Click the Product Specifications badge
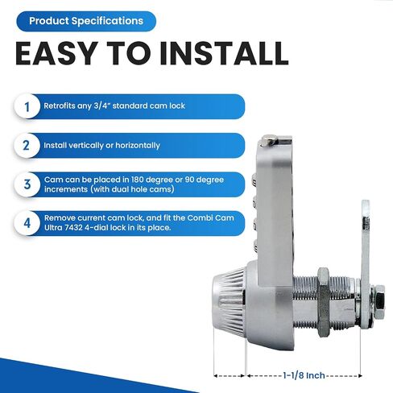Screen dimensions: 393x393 tap(86, 21)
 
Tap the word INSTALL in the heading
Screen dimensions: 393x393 tap(224, 53)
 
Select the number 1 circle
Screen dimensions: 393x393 tap(27, 106)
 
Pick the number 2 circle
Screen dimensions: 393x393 tap(27, 146)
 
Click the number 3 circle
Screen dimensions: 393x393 tap(27, 184)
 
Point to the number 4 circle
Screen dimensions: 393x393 tap(27, 223)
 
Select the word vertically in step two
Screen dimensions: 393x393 tap(86, 146)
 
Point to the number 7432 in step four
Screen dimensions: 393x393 tap(73, 228)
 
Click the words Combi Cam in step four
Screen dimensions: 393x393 tap(210, 217)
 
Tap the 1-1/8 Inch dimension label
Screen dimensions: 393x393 tap(304, 375)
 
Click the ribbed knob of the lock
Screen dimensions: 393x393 tap(229, 302)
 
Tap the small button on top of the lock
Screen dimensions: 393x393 tap(268, 140)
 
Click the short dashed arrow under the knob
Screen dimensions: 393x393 tap(230, 375)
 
